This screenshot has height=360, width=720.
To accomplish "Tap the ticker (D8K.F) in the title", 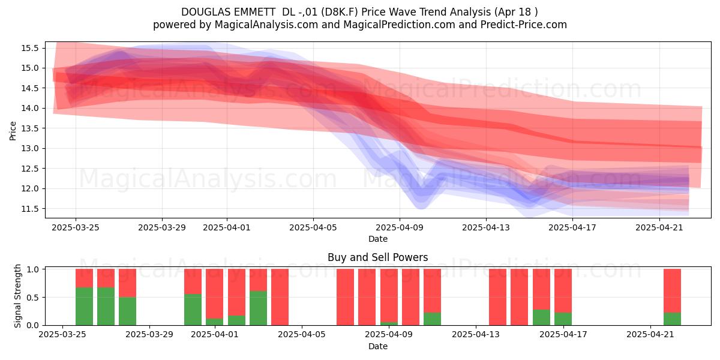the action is (340, 12).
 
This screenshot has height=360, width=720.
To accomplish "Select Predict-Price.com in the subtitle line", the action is (524, 25).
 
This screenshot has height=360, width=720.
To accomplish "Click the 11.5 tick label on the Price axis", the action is (30, 209).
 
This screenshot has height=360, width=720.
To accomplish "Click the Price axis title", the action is (13, 131).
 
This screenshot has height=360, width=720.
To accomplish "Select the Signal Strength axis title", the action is (17, 296).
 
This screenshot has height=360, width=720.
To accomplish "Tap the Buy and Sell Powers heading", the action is (377, 257).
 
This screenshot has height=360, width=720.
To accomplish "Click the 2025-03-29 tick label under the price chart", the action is (162, 227).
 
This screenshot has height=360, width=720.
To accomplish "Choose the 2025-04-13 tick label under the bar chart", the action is (476, 335).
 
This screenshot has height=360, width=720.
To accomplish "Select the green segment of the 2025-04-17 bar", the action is (563, 319).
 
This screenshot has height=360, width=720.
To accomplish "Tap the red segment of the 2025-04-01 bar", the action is (215, 293).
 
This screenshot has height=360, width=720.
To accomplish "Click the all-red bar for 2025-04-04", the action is (280, 297).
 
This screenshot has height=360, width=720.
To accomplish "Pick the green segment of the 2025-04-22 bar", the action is (672, 319).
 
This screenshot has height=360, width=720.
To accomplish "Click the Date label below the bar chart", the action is (377, 346).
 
